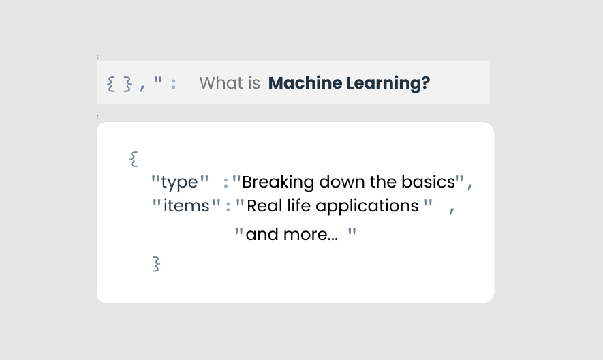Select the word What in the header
point(221,83)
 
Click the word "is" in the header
point(254,83)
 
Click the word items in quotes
point(187,206)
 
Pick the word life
point(297,206)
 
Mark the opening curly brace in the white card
point(133,160)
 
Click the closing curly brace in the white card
point(156,263)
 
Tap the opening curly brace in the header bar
point(111,84)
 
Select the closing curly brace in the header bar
point(127,84)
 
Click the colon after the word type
point(226,183)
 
